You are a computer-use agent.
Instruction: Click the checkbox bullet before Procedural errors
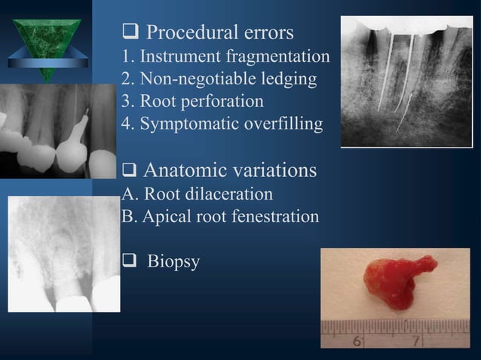[129, 34]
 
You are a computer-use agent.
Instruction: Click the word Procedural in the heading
[185, 33]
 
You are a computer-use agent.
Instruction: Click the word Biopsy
[173, 263]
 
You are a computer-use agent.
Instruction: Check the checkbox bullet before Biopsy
[129, 263]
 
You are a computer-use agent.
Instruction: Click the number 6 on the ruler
[357, 341]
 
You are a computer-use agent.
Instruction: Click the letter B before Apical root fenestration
[127, 217]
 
